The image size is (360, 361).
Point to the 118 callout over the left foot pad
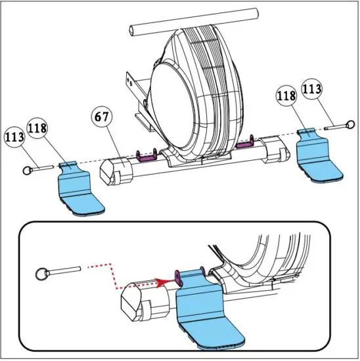[x=39, y=129]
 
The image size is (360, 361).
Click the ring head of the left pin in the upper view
[x=27, y=169]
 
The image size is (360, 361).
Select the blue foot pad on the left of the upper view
[x=78, y=190]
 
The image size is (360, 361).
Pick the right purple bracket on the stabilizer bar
[x=246, y=140]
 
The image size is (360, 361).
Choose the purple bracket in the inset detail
[x=179, y=274]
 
